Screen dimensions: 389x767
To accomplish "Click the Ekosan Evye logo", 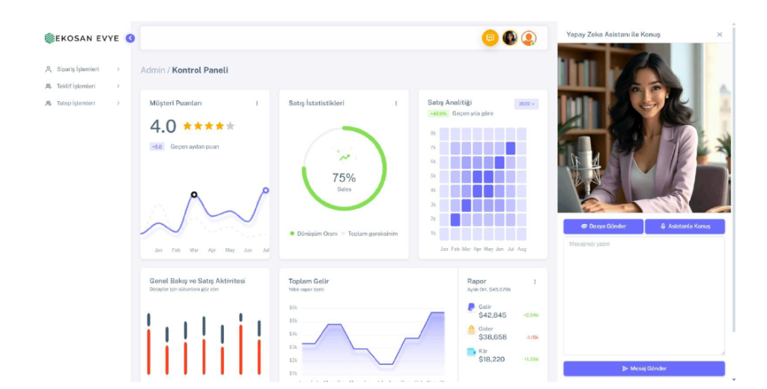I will (82, 38).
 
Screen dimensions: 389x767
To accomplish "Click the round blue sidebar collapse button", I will (130, 38).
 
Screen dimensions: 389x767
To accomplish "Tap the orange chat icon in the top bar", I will (490, 37).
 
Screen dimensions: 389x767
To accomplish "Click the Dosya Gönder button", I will (603, 226).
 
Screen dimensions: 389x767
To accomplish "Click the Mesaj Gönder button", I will (644, 368).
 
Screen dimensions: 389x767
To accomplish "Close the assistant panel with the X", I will (720, 34).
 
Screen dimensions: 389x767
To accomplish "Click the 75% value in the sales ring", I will (344, 178).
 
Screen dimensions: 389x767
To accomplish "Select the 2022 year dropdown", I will (526, 104).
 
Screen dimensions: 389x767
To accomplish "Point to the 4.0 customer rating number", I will (163, 126).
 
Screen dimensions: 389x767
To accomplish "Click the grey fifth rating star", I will (230, 126).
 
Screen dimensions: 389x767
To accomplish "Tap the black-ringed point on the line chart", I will (194, 195).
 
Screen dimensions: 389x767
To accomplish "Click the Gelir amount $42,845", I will (492, 316).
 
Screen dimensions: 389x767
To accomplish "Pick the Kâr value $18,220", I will (491, 359).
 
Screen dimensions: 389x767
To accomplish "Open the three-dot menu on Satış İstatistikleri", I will (396, 103).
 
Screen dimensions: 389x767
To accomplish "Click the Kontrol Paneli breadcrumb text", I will (200, 70).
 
